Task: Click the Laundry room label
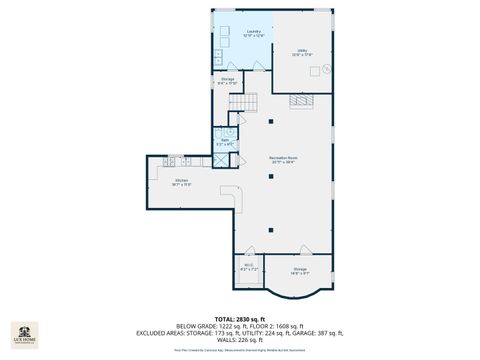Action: tap(252, 33)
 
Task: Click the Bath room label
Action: tap(225, 141)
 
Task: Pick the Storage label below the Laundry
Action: tap(228, 80)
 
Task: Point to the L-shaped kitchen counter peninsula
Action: tap(236, 197)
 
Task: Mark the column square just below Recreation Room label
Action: tap(270, 178)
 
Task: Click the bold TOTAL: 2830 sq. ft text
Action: tap(240, 317)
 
